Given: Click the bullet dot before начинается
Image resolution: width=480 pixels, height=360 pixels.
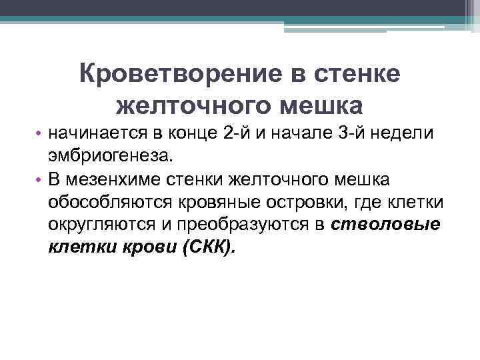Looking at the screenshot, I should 40,133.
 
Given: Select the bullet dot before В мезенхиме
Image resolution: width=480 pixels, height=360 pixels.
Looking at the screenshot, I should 40,179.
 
